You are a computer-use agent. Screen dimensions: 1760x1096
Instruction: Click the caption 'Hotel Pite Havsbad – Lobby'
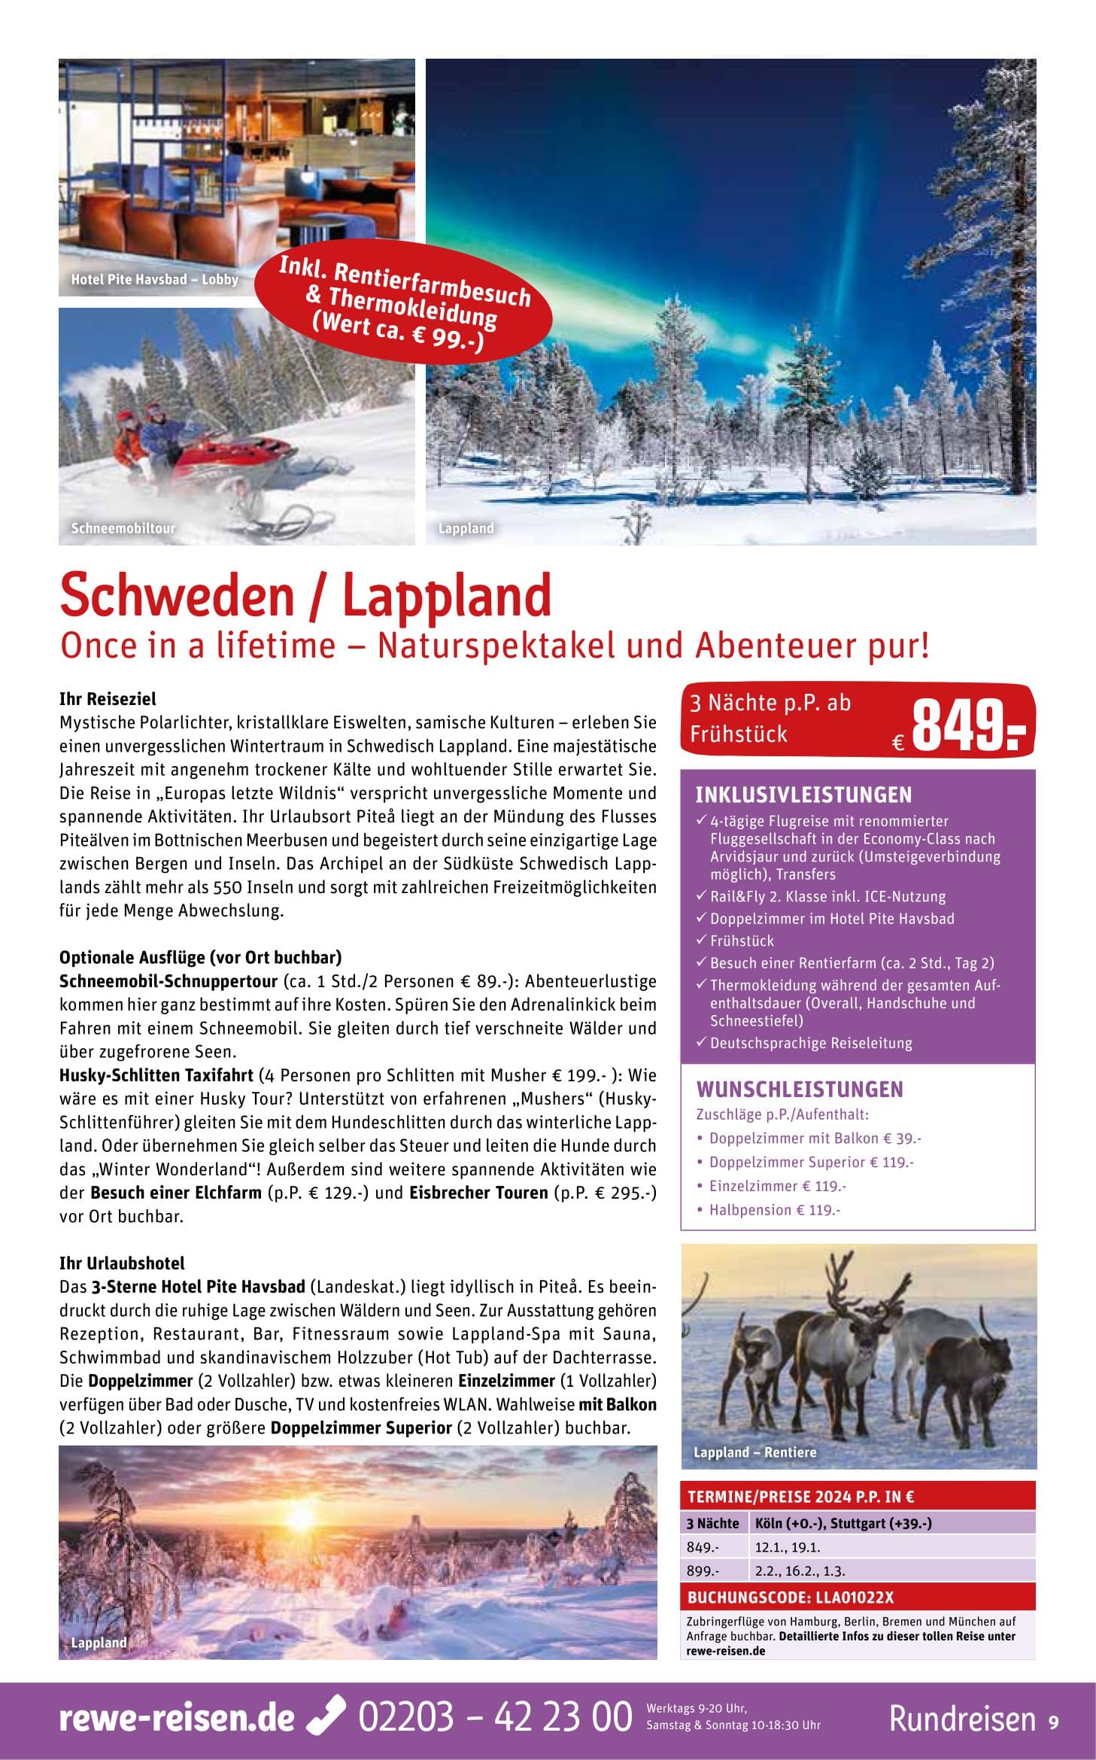pos(154,279)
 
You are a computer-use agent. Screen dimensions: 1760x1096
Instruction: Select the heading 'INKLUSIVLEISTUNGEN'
pos(803,795)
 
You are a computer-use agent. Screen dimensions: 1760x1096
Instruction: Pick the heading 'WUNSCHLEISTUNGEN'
pos(800,1089)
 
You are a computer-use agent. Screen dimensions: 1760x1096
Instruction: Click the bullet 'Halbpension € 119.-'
pos(774,1210)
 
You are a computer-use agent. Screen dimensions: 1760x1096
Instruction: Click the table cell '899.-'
pos(703,1571)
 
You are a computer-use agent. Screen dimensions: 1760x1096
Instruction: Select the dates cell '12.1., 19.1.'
pos(787,1547)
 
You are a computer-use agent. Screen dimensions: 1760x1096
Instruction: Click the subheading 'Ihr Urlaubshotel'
pos(122,1263)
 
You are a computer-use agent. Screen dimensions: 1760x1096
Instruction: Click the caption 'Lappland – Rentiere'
pos(754,1452)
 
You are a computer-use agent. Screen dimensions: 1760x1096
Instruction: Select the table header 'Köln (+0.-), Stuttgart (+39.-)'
pos(843,1523)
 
